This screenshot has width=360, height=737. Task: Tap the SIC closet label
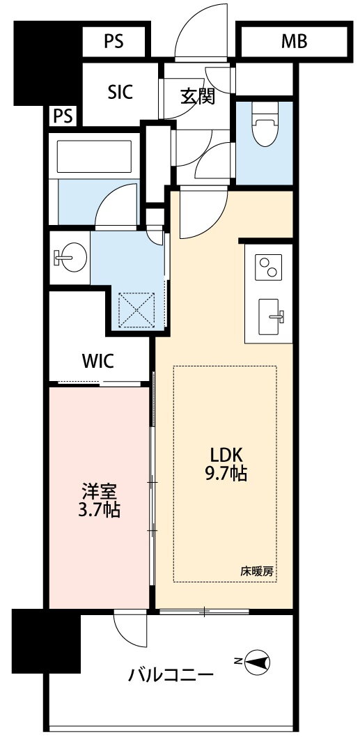point(120,92)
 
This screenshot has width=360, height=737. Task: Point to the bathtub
point(94,157)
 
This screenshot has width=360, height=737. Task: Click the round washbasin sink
point(71,257)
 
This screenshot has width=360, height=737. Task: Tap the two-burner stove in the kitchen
point(268,267)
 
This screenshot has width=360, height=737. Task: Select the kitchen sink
point(271,317)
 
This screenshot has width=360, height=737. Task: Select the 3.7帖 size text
point(99,510)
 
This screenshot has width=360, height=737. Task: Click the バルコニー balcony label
point(171,676)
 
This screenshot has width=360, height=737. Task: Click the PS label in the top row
point(114,41)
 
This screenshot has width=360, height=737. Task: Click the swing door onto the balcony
point(130,628)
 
